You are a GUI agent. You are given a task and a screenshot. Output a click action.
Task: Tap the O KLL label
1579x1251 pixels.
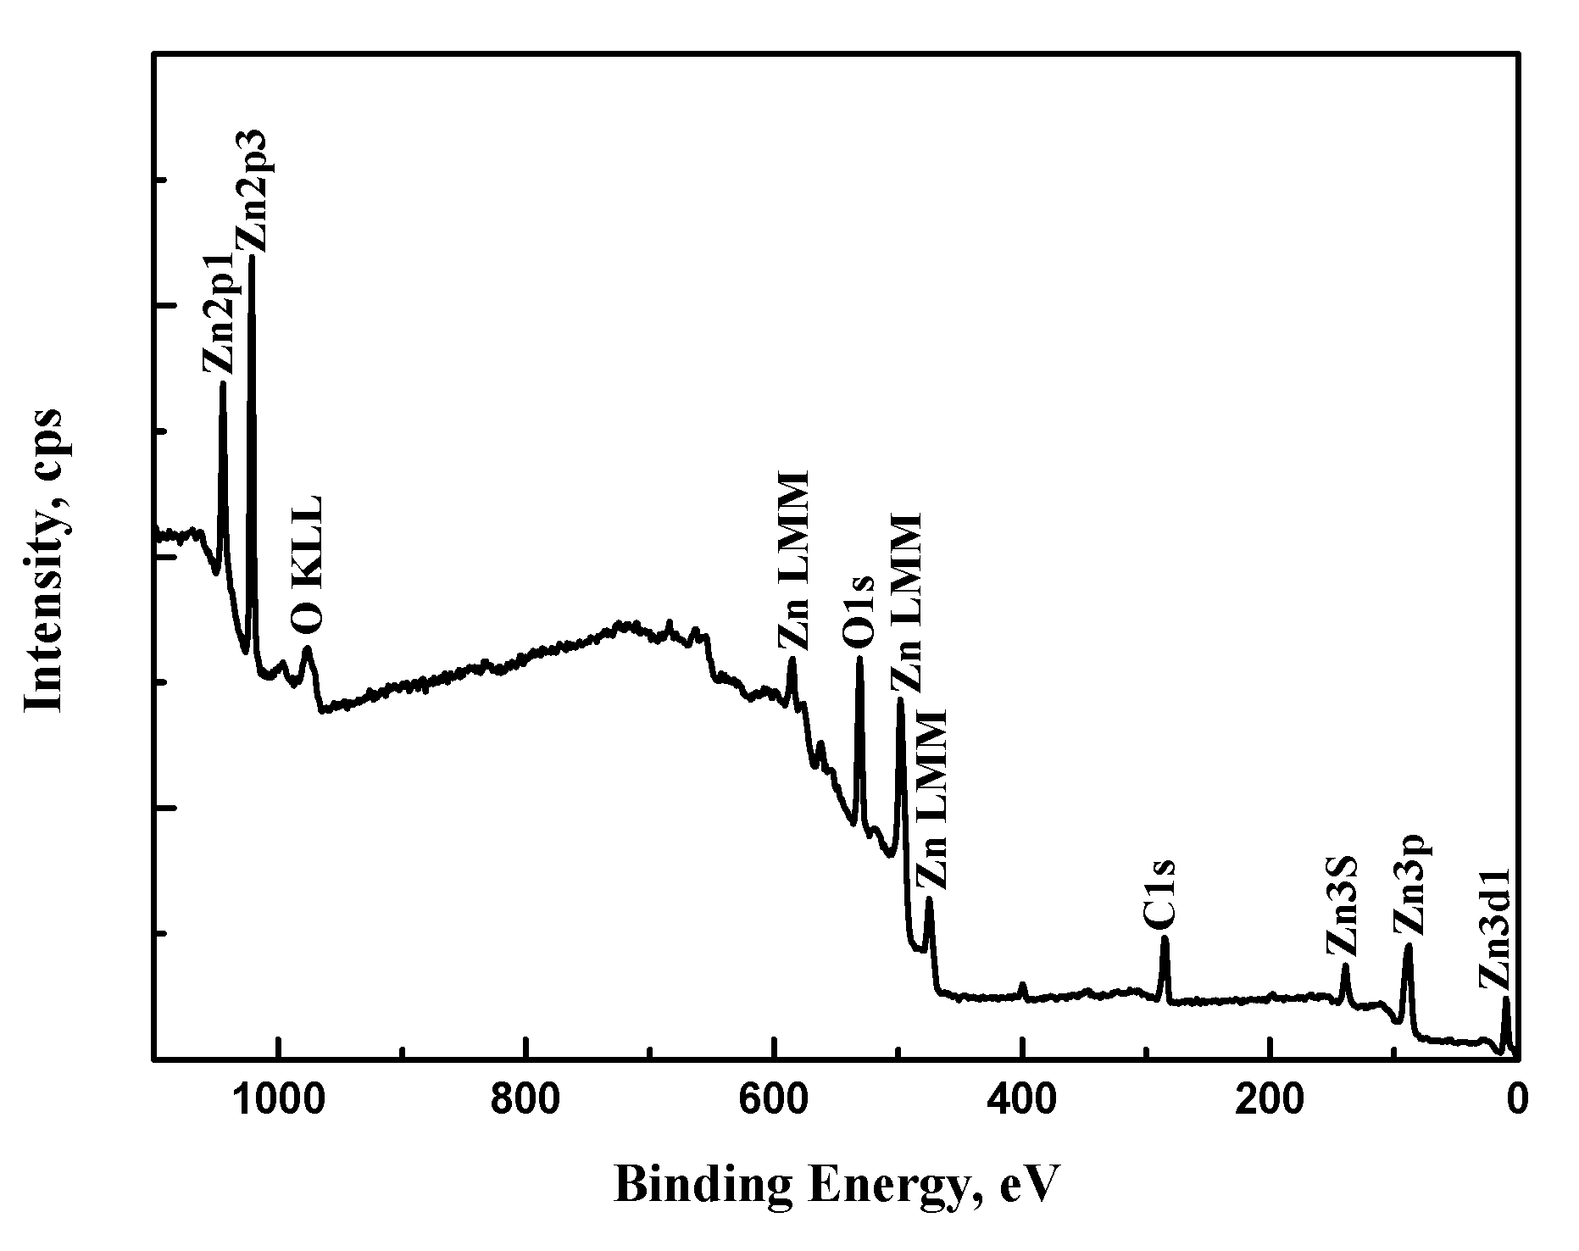pos(307,565)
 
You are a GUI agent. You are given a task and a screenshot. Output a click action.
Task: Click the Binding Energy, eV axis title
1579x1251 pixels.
pos(836,1184)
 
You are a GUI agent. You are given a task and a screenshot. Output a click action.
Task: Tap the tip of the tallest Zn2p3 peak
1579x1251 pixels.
pos(252,257)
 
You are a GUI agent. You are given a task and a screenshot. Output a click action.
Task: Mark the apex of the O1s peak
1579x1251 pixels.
pos(859,658)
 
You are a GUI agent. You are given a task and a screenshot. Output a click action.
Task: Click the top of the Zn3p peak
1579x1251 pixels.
pos(1408,946)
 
